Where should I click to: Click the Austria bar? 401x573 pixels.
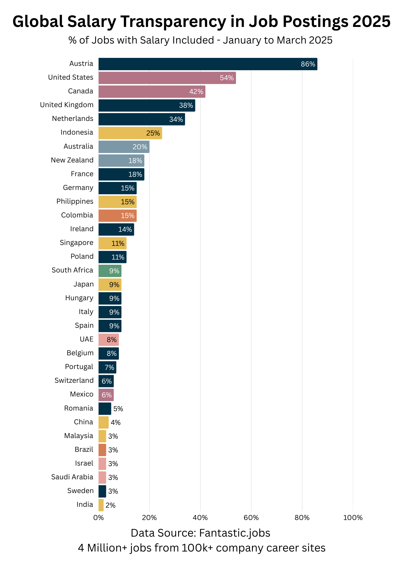coord(208,64)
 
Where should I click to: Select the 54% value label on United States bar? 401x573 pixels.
coord(227,78)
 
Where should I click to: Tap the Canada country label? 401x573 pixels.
coord(80,91)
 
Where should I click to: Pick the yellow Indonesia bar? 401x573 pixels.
coord(130,133)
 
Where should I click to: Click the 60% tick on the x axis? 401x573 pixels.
coord(251,518)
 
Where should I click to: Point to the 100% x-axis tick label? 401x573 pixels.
coord(353,518)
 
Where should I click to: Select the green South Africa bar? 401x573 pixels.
coord(110,271)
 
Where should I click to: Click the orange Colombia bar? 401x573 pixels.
coord(117,216)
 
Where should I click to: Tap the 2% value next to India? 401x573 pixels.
coord(110,505)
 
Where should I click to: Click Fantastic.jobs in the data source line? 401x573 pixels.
coord(235,533)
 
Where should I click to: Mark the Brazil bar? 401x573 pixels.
coord(102,450)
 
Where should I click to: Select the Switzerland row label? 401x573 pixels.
coord(74,380)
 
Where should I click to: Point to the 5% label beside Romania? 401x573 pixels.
coord(118,409)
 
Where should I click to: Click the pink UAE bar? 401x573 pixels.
coord(109,340)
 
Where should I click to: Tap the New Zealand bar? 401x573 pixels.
coord(121,160)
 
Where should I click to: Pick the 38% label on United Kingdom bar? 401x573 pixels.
coord(186,105)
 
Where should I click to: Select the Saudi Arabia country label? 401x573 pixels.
coord(72,477)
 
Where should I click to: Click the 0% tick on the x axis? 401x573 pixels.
coord(99,518)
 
